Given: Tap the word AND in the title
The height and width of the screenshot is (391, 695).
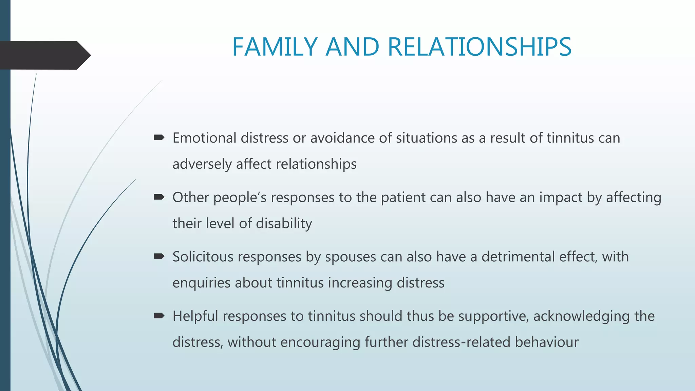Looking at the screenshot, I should pyautogui.click(x=352, y=47).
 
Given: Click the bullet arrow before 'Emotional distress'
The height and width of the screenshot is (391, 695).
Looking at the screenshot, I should pyautogui.click(x=159, y=137).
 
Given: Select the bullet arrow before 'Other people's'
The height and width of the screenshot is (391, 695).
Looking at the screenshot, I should pyautogui.click(x=159, y=197).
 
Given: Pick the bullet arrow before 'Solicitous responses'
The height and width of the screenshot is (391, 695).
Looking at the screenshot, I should pyautogui.click(x=159, y=256).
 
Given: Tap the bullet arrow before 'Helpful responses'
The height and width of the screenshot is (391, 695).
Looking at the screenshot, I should pyautogui.click(x=159, y=316).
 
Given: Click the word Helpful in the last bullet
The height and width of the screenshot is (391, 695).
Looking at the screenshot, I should pyautogui.click(x=195, y=316).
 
